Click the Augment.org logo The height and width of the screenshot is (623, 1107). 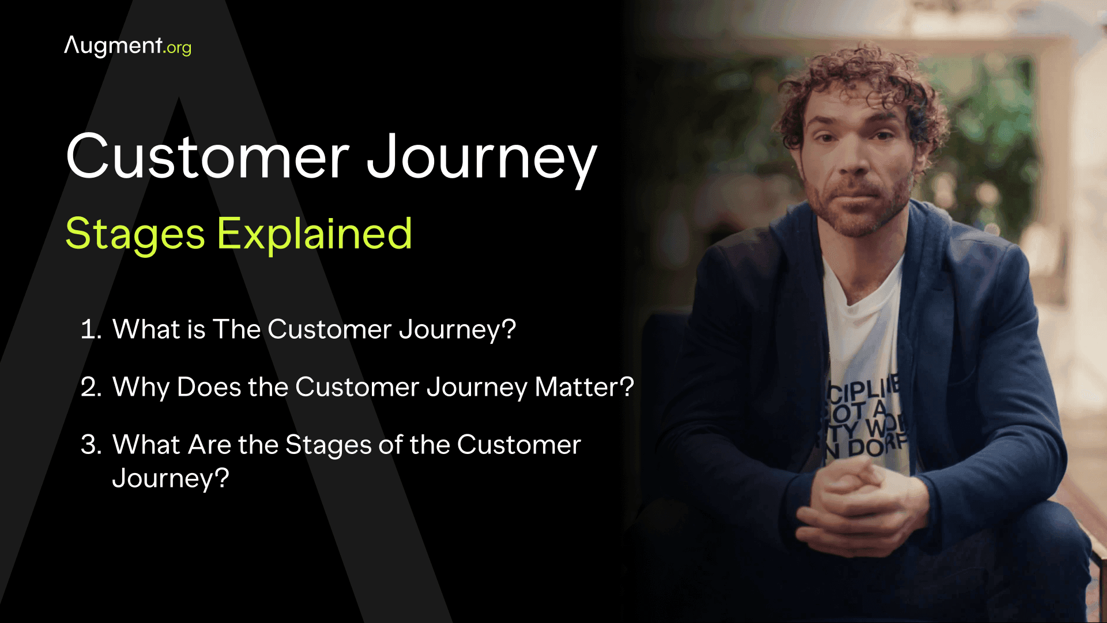(127, 46)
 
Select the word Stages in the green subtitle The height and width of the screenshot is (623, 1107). (135, 235)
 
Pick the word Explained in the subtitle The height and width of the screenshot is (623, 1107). (314, 235)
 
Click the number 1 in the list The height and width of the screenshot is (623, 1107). (89, 330)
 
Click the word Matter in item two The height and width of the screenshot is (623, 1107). (577, 387)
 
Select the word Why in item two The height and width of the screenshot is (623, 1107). (141, 388)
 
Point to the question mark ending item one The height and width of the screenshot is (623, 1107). (509, 329)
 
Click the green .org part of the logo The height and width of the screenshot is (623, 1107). (178, 48)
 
